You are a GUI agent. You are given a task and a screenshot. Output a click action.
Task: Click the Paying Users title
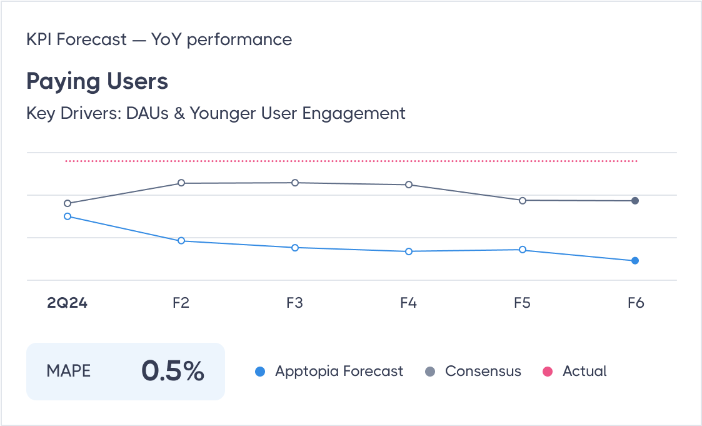click(97, 82)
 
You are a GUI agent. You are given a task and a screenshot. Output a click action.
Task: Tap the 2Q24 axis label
click(68, 303)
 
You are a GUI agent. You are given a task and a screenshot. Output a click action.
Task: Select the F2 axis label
click(181, 303)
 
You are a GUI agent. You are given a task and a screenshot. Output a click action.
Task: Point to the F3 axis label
click(294, 303)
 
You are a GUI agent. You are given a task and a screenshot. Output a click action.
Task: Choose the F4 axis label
click(408, 303)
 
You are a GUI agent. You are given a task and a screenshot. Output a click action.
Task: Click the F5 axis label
click(522, 303)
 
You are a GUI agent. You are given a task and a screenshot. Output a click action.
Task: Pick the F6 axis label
click(635, 303)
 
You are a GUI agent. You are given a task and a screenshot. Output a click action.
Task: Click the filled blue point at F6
click(635, 261)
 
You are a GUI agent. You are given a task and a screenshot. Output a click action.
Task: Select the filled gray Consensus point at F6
click(635, 201)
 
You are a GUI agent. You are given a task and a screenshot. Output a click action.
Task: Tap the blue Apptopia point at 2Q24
click(68, 216)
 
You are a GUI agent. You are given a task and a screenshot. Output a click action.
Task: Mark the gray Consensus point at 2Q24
click(68, 203)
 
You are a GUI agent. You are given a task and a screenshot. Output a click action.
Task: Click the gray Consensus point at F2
click(181, 183)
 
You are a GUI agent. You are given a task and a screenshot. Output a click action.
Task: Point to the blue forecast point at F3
click(295, 248)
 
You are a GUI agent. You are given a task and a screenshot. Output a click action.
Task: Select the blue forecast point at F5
click(523, 250)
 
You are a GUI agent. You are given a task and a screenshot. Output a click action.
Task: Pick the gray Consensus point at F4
click(409, 185)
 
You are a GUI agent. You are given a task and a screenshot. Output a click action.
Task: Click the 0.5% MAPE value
click(173, 371)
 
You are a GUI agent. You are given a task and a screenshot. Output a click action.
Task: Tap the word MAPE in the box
click(69, 371)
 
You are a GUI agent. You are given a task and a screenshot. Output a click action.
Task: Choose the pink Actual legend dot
click(548, 372)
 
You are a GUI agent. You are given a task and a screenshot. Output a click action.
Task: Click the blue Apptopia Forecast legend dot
click(261, 372)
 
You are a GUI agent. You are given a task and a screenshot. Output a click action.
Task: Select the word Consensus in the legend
click(483, 371)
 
